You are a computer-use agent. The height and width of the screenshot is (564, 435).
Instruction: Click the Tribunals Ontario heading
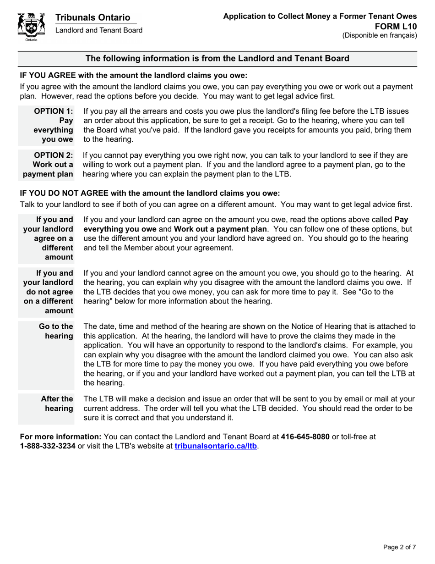point(92,17)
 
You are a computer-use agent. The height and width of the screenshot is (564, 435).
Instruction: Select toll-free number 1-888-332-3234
point(48,445)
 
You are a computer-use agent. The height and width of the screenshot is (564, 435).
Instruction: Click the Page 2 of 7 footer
point(399,547)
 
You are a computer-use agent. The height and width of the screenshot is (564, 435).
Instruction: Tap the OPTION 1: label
point(54,111)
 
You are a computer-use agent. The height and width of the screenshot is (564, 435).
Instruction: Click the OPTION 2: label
point(54,155)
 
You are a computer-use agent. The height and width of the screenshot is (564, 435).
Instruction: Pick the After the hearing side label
point(57,403)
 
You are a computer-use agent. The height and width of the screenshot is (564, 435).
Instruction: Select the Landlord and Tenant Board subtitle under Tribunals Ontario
point(99,30)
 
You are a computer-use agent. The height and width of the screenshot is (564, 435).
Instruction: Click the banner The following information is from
point(217,58)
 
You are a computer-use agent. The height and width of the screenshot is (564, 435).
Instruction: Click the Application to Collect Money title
point(320,16)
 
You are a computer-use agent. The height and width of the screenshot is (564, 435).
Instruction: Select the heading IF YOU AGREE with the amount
point(133,75)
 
